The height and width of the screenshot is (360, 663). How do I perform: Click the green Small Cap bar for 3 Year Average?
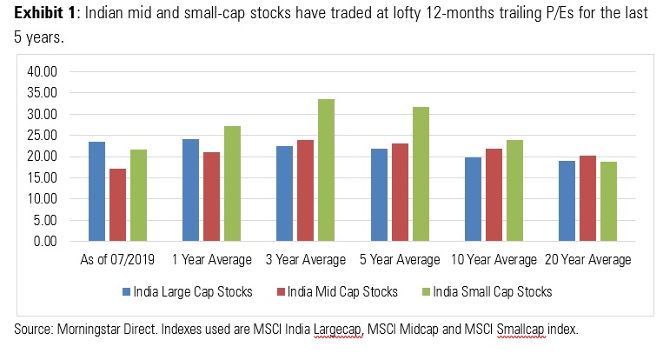pyautogui.click(x=327, y=170)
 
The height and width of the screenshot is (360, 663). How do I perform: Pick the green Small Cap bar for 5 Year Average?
pyautogui.click(x=421, y=174)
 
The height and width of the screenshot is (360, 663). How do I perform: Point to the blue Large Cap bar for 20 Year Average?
pyautogui.click(x=566, y=201)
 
